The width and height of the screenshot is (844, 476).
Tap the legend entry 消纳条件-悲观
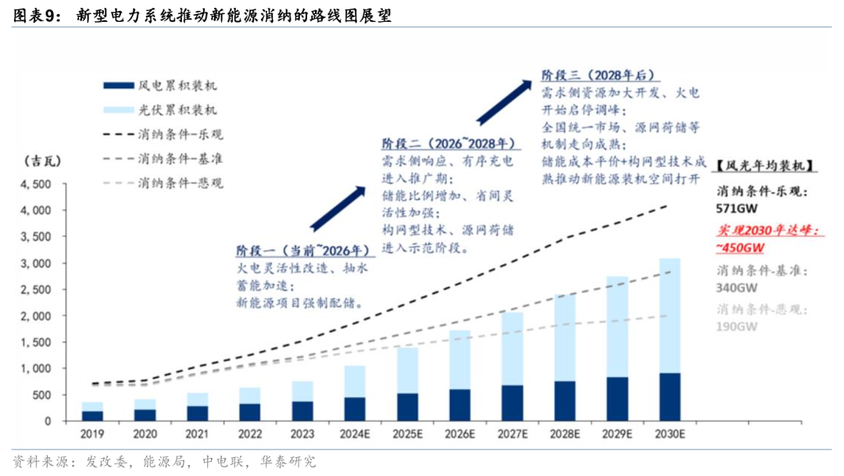click(181, 183)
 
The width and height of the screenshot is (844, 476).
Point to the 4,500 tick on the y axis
click(35, 184)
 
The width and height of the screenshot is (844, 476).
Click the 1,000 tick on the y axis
click(35, 368)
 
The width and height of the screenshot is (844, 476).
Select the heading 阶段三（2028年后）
click(599, 75)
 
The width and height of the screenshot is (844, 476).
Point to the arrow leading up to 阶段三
click(505, 98)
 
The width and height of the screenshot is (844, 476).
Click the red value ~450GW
click(739, 247)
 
